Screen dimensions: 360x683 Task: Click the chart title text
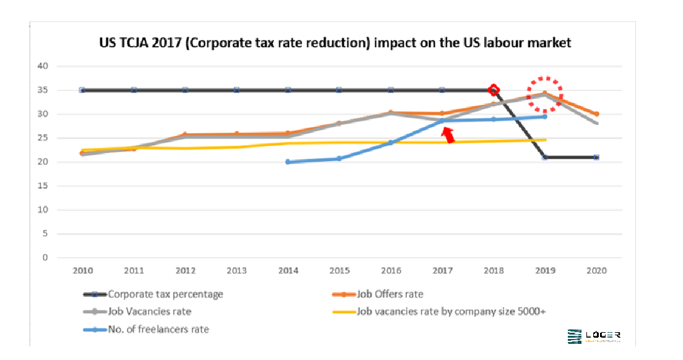[335, 43]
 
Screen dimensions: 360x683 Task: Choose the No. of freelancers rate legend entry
[158, 329]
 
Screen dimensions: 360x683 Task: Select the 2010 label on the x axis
[82, 271]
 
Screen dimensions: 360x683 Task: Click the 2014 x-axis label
[289, 271]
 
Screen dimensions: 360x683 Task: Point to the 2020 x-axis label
[596, 271]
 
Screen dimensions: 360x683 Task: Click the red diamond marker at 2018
[494, 90]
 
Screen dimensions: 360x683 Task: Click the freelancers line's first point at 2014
[288, 162]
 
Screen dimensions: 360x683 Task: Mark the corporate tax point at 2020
[596, 157]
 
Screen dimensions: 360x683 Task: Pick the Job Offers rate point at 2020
[596, 114]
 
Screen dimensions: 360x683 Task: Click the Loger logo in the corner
[594, 336]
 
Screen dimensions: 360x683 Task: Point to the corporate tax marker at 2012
[185, 90]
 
